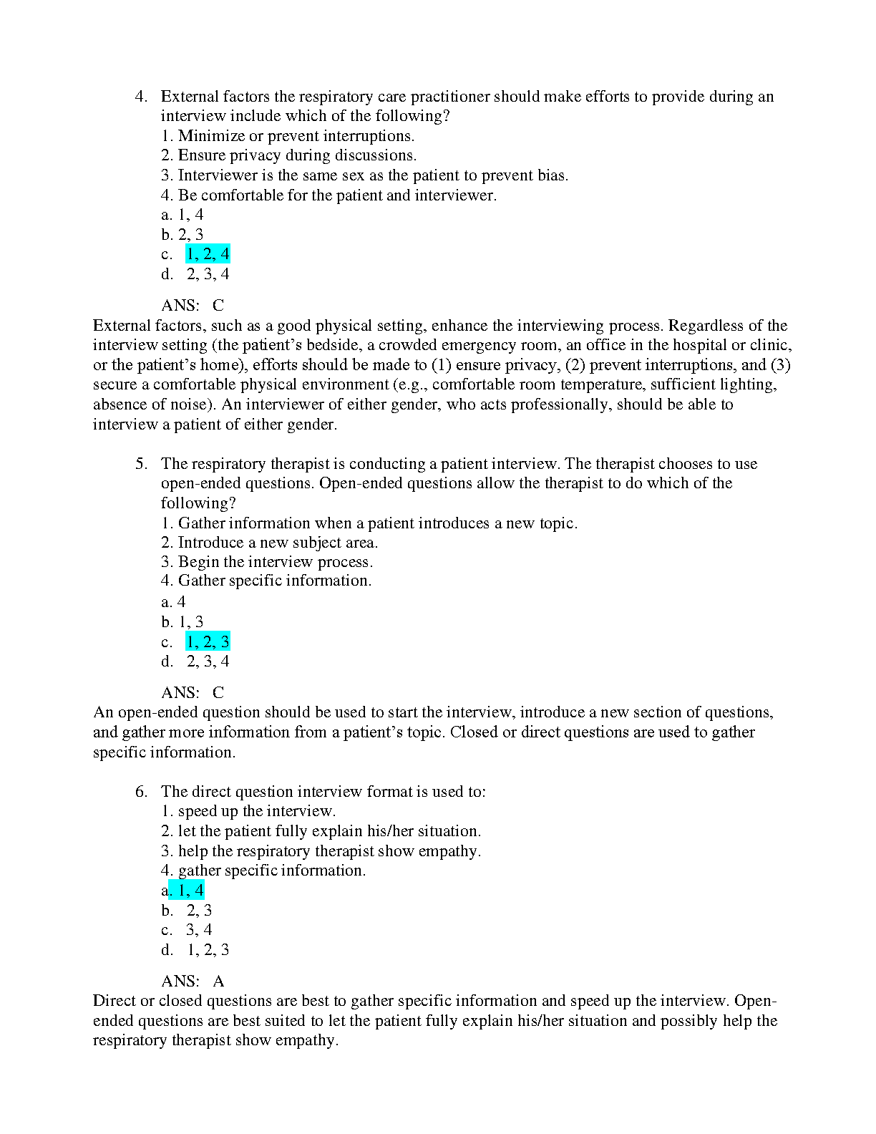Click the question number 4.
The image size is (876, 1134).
pyautogui.click(x=140, y=97)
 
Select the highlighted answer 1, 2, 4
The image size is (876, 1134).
pyautogui.click(x=208, y=254)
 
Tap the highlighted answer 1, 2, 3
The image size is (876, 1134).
pyautogui.click(x=208, y=641)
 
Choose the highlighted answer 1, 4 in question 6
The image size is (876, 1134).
pyautogui.click(x=188, y=891)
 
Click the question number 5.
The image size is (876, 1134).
pyautogui.click(x=140, y=464)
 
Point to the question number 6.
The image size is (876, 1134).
pyautogui.click(x=140, y=792)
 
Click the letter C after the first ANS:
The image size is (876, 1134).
pyautogui.click(x=218, y=306)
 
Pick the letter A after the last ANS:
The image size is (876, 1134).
pyautogui.click(x=218, y=982)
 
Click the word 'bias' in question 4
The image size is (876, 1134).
pyautogui.click(x=552, y=175)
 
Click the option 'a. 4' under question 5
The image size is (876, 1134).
pyautogui.click(x=173, y=602)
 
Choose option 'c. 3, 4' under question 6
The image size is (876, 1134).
pyautogui.click(x=187, y=930)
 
